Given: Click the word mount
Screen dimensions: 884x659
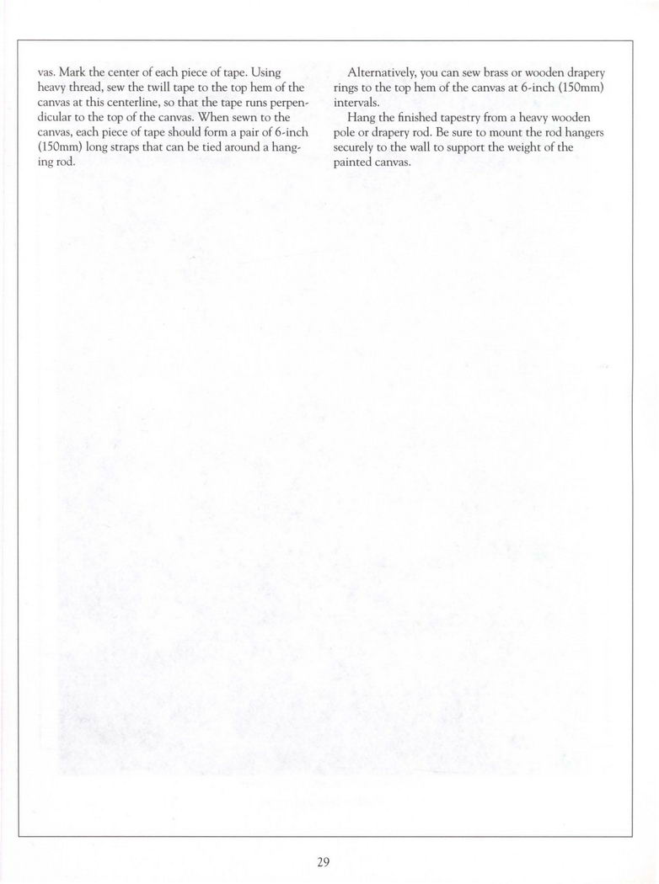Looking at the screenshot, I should [484, 133].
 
